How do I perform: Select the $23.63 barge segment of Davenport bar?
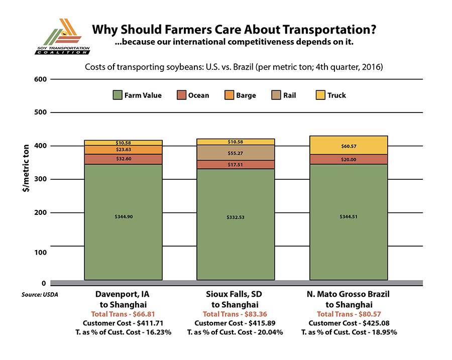(x=123, y=150)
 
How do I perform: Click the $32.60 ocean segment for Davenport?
(x=123, y=159)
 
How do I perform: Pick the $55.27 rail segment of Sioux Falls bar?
(x=236, y=152)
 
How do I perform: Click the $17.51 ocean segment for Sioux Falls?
(x=236, y=164)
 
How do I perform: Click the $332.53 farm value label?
(x=236, y=217)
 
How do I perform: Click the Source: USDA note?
(x=40, y=294)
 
